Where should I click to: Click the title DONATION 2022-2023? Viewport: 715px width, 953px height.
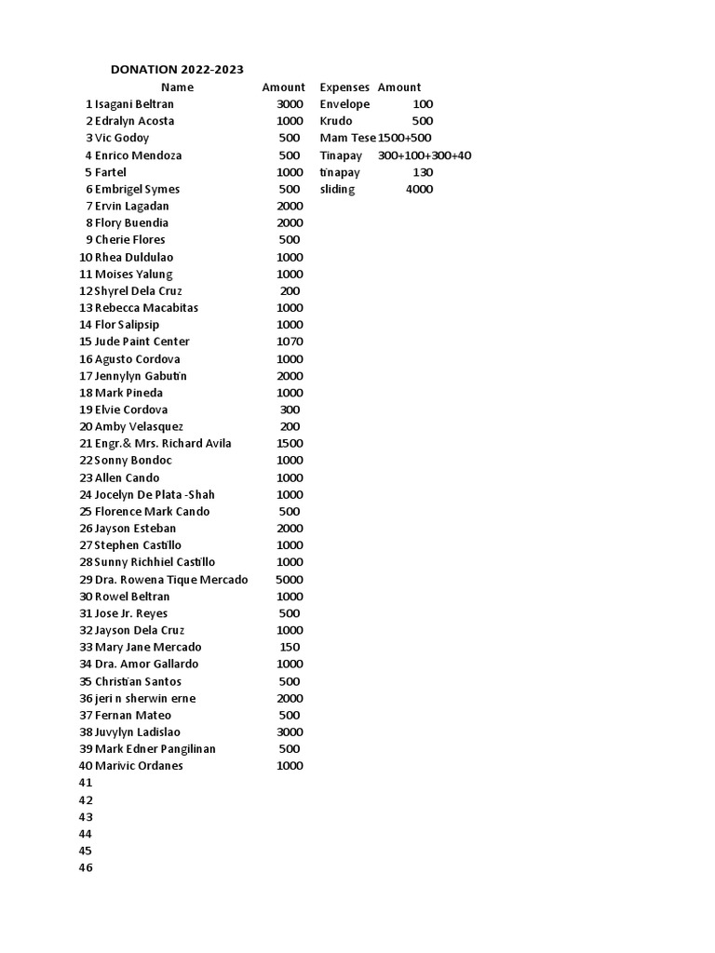pos(178,69)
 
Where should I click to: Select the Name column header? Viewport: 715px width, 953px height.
pos(177,87)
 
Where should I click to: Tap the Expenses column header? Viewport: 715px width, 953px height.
pos(344,87)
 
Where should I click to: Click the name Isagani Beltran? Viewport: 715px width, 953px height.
pos(134,104)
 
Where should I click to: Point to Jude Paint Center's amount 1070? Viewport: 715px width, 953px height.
pos(290,342)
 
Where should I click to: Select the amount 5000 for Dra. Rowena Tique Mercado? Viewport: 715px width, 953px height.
pos(290,579)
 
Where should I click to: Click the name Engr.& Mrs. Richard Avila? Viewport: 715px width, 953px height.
pos(163,443)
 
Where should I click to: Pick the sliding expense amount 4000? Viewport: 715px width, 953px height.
pos(419,189)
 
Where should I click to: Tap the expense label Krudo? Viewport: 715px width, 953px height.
pos(336,121)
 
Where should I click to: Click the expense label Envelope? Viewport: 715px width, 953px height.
pos(344,104)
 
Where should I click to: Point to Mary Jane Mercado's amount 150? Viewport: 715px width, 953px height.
pos(290,647)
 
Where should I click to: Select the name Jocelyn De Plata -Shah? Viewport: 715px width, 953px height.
pos(155,494)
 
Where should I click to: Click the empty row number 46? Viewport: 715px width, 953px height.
pos(87,867)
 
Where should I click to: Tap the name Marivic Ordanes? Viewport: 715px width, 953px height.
pos(139,766)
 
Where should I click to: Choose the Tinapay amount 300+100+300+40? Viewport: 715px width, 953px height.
pos(425,155)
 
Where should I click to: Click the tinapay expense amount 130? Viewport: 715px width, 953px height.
pos(423,172)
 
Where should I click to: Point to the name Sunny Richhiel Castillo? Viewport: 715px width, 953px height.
pos(155,562)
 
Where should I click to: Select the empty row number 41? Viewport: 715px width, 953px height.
pos(87,783)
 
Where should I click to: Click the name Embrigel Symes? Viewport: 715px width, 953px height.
pos(137,189)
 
